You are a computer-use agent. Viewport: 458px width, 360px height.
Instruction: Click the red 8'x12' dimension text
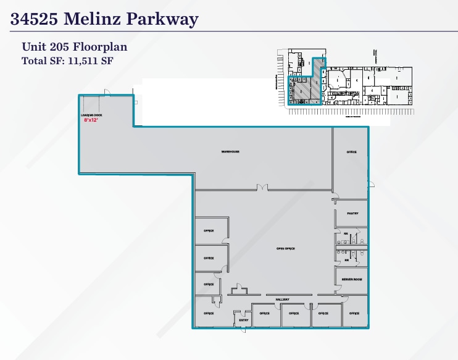point(91,120)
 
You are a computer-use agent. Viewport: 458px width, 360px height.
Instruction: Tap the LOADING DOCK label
point(91,115)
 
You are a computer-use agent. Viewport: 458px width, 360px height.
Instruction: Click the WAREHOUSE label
point(230,152)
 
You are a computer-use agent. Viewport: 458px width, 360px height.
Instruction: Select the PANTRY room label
point(352,214)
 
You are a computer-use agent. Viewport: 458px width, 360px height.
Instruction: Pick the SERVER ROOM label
point(352,280)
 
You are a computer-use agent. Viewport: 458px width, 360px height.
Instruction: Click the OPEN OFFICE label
point(285,249)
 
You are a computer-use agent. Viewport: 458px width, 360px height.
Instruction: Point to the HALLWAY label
point(283,299)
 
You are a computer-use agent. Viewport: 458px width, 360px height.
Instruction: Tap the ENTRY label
point(243,320)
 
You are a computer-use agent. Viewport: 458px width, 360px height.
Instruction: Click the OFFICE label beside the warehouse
point(352,152)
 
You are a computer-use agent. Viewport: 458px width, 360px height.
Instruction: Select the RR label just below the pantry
point(346,234)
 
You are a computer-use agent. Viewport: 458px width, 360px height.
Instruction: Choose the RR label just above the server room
point(346,260)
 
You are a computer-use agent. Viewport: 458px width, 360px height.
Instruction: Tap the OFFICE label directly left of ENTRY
point(209,314)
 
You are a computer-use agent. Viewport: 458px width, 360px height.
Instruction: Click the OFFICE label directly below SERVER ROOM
point(354,314)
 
